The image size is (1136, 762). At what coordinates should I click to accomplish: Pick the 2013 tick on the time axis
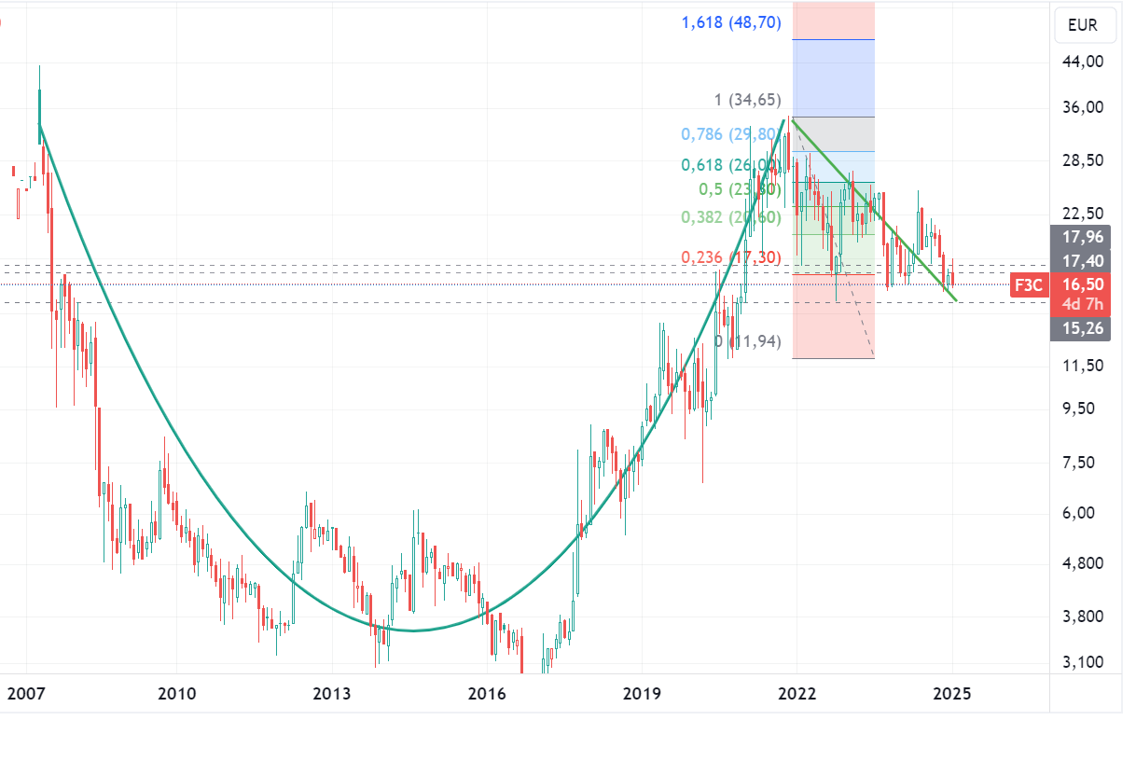tap(331, 694)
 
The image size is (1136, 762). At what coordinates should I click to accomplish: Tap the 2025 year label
tap(952, 694)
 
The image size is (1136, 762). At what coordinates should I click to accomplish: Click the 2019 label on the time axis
tap(642, 694)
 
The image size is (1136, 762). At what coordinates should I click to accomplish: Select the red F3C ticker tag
tap(1029, 285)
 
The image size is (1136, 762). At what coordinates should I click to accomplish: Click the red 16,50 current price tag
tap(1085, 285)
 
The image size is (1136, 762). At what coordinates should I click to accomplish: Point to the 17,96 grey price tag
tap(1085, 236)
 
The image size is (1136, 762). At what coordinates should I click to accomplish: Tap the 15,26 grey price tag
tap(1085, 327)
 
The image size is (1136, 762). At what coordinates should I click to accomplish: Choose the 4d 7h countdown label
tap(1085, 305)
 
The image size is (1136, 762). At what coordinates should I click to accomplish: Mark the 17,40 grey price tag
tap(1085, 261)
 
